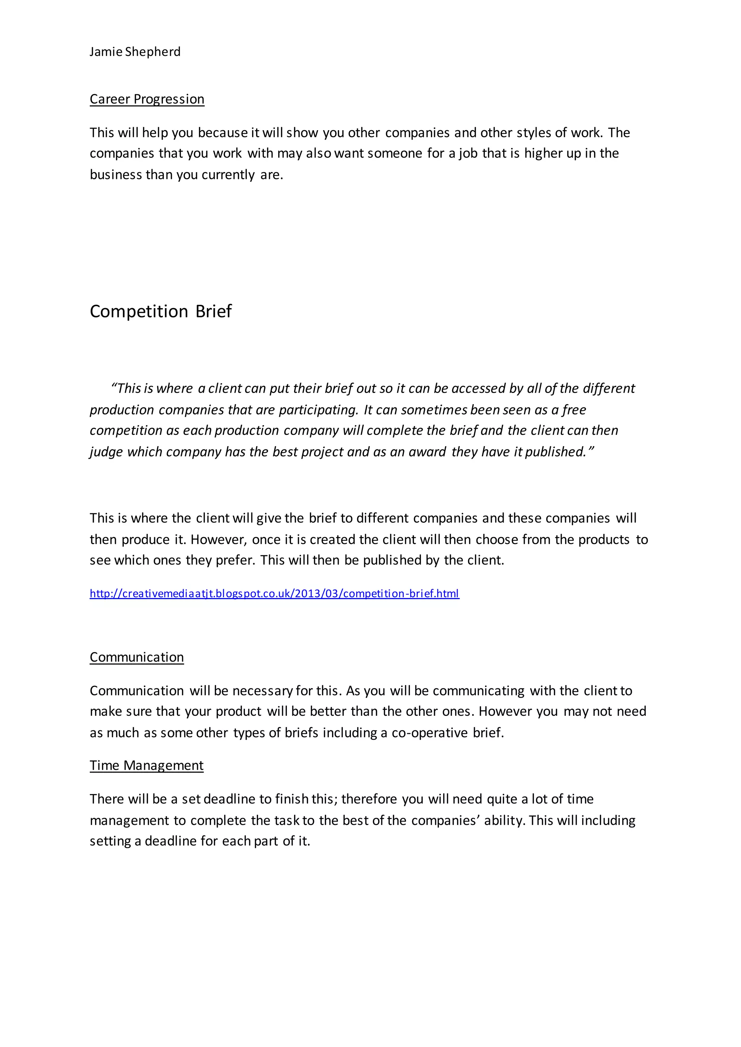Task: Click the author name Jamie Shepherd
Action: [135, 52]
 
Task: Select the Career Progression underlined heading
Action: [147, 99]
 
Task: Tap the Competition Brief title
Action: [161, 311]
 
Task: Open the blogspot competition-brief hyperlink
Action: [274, 594]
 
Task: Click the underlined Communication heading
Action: [136, 657]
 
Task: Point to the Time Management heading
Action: [147, 765]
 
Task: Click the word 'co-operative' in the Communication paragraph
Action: [430, 733]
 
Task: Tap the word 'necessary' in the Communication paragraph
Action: [262, 691]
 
